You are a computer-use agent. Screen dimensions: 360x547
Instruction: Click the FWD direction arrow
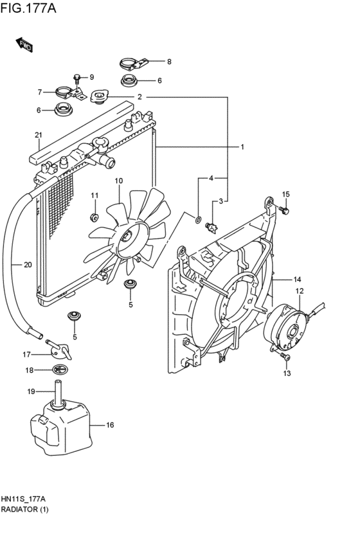[24, 44]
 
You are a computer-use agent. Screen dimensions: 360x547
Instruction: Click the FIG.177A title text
[28, 8]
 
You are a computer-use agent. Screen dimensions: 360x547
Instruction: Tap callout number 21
[39, 135]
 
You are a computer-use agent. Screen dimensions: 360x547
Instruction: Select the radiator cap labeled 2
[100, 96]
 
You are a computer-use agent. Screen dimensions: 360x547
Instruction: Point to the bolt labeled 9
[77, 79]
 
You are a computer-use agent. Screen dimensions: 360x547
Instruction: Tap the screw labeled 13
[285, 357]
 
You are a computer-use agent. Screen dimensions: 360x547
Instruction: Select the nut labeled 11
[93, 217]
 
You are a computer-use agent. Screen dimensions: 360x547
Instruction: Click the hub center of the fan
[126, 238]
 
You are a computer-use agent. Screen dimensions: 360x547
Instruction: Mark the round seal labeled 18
[59, 369]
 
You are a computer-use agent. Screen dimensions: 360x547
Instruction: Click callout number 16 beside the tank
[110, 425]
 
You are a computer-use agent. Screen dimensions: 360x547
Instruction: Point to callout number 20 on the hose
[28, 265]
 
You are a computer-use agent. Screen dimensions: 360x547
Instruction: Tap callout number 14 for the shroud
[297, 279]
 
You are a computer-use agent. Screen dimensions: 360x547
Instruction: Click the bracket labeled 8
[134, 64]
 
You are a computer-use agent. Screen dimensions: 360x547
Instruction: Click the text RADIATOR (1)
[25, 509]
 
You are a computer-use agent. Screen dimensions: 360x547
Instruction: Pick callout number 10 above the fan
[118, 181]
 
